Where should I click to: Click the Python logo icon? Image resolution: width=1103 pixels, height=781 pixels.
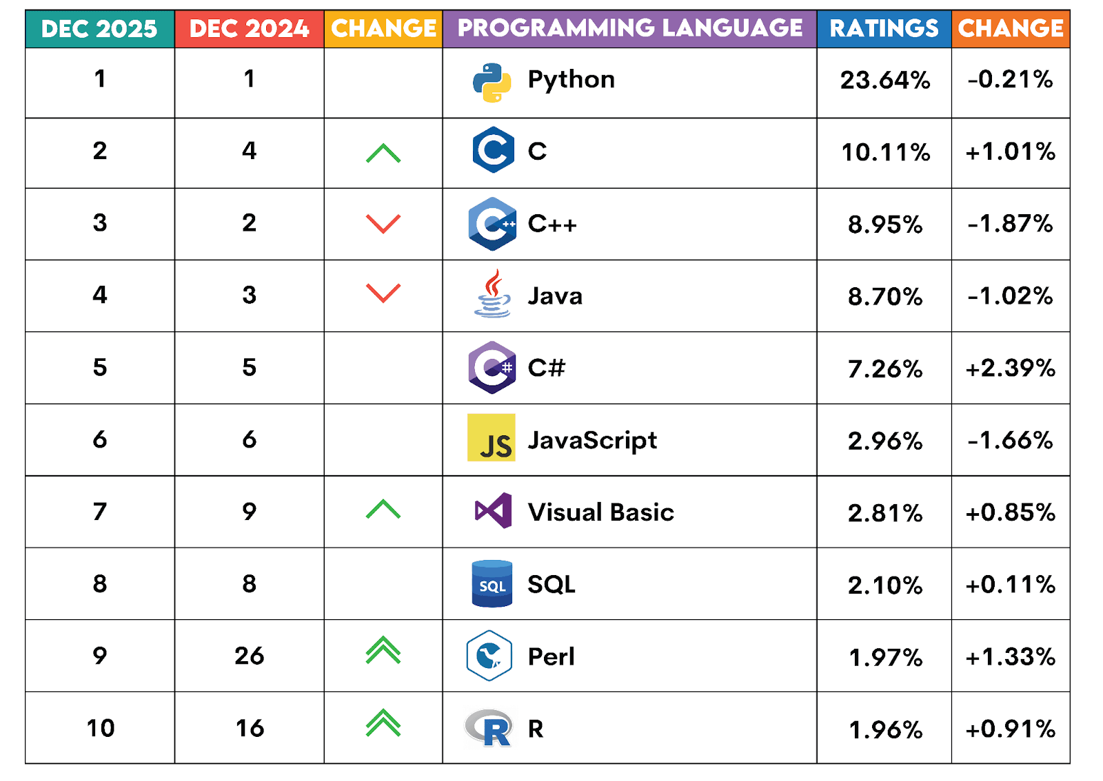[x=492, y=82]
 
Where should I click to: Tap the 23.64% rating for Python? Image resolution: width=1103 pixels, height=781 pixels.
[x=885, y=81]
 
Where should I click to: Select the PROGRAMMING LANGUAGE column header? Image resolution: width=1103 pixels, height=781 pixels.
[x=629, y=28]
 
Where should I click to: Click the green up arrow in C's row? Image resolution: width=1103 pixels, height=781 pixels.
[x=383, y=153]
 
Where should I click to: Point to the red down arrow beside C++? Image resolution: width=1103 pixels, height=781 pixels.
[x=383, y=223]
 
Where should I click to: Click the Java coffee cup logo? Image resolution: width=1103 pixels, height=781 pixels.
[x=492, y=294]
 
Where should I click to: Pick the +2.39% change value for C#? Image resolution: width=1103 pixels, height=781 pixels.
[x=1010, y=368]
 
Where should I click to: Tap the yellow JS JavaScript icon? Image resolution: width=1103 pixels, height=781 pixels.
[x=491, y=437]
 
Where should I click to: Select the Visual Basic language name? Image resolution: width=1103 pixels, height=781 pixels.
[x=600, y=512]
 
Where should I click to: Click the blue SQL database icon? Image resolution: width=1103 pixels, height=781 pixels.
[x=492, y=584]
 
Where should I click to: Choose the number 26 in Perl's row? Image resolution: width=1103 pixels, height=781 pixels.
[x=249, y=656]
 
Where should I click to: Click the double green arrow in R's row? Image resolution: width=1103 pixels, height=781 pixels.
[x=383, y=723]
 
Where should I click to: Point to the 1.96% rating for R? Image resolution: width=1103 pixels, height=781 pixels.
[x=885, y=729]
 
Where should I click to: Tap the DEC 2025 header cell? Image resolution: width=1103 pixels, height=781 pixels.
[x=99, y=29]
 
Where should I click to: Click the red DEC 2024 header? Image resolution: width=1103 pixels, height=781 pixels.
[x=249, y=29]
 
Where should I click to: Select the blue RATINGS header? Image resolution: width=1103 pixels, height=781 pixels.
[x=884, y=29]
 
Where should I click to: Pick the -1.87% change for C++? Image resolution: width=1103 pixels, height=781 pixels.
[x=1010, y=224]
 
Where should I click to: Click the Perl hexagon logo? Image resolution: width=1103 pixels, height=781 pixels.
[x=489, y=656]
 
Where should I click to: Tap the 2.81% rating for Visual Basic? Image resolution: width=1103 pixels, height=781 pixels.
[x=885, y=513]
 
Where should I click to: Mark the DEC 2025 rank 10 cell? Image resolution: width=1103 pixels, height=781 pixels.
[x=100, y=728]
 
